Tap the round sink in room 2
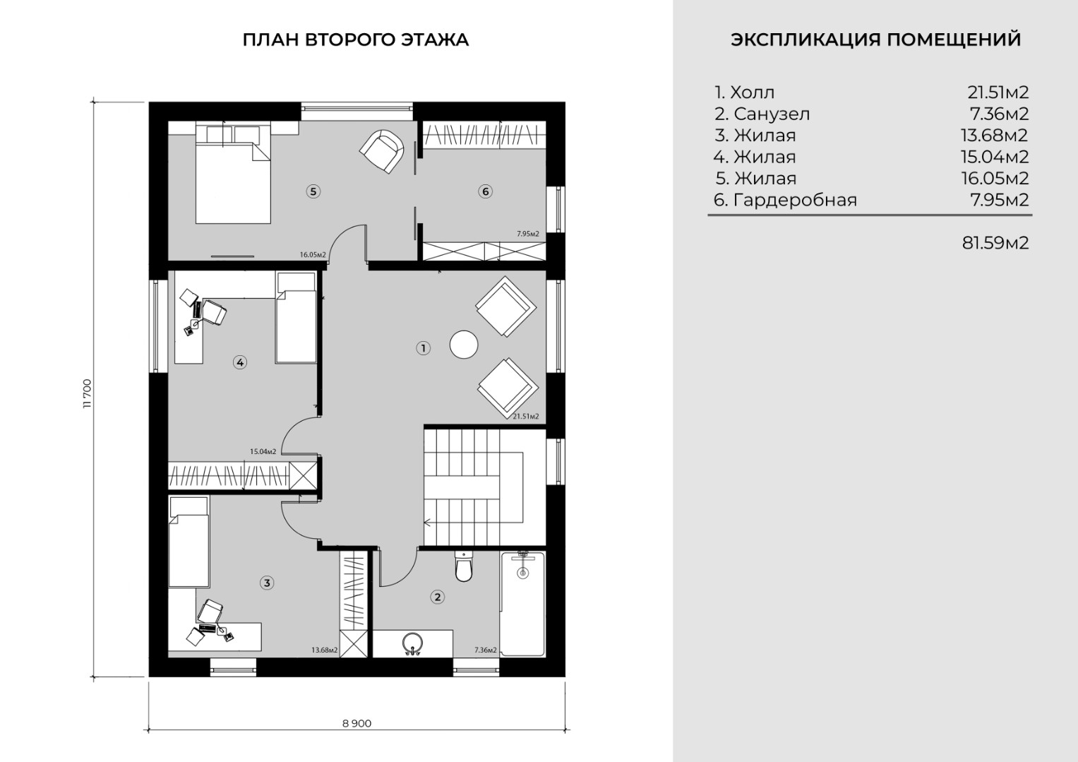[413, 643]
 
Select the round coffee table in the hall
[464, 344]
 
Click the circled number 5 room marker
[313, 191]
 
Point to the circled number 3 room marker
[267, 583]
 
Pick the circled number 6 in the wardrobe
[485, 191]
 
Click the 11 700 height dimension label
[87, 394]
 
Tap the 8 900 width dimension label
[357, 723]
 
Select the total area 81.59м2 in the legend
[995, 243]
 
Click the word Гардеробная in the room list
[795, 200]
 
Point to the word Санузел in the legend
[772, 114]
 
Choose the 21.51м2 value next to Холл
[998, 92]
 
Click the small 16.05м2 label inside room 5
[313, 255]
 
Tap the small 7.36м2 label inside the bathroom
[486, 650]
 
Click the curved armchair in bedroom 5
[382, 151]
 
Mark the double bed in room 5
[233, 172]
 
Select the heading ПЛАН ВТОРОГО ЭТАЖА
[356, 40]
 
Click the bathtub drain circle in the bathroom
[522, 573]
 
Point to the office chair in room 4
[214, 311]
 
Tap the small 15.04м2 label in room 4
[263, 451]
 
